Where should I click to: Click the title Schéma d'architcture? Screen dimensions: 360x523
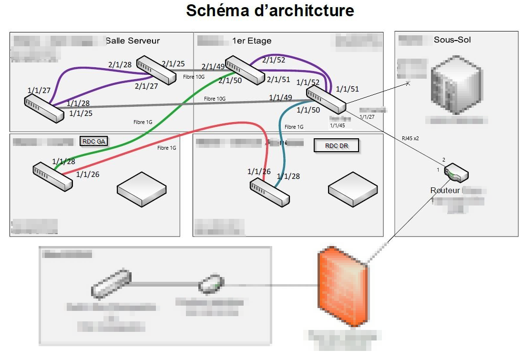(270, 10)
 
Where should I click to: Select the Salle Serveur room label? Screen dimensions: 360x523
(133, 41)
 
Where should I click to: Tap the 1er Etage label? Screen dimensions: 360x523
(252, 41)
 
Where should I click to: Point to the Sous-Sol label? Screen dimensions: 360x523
(452, 40)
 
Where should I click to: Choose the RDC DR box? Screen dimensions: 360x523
(336, 145)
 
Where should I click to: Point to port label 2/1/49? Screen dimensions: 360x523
(214, 67)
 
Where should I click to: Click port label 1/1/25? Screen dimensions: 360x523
(81, 113)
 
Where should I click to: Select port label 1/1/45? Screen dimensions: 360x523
(338, 125)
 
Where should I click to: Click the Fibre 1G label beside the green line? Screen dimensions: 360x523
(143, 122)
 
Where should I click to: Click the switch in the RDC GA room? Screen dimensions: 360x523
(52, 177)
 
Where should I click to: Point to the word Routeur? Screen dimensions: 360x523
(445, 190)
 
